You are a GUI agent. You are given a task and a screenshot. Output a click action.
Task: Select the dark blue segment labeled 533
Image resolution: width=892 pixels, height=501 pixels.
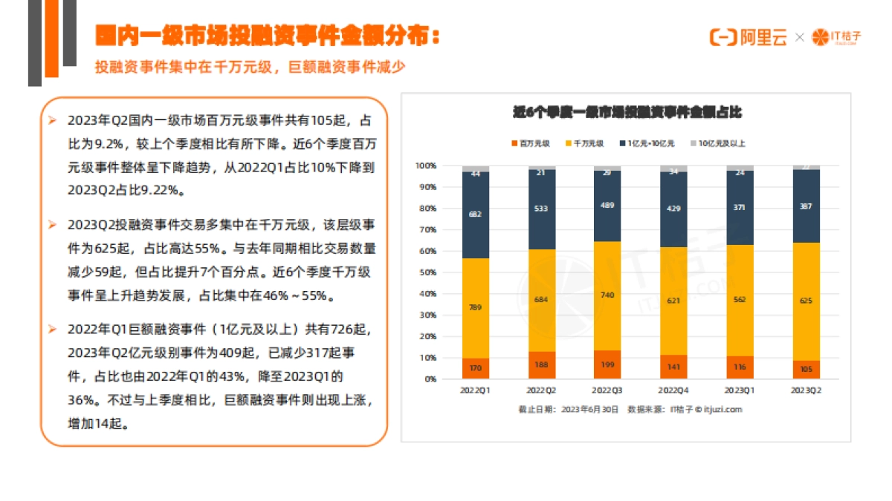[542, 209]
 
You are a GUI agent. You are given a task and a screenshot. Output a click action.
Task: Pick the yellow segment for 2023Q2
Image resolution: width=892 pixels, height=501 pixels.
[806, 301]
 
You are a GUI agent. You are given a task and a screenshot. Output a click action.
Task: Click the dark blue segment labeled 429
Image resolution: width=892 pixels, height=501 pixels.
[673, 209]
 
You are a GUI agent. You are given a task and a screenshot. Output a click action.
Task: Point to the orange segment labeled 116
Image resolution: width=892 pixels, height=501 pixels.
[740, 367]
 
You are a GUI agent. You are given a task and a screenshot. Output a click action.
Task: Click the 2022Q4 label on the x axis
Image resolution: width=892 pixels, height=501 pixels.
[673, 390]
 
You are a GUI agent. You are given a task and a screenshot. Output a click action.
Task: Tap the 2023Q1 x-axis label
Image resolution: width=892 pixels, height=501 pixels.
[740, 390]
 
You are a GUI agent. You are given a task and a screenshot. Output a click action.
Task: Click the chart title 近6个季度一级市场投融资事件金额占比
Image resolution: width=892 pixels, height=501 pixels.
[627, 113]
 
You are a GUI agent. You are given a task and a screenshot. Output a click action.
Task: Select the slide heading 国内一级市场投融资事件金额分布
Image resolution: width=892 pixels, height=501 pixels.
[267, 36]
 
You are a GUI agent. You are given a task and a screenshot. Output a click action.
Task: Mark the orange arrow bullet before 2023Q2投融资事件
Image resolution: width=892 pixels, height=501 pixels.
[52, 223]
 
